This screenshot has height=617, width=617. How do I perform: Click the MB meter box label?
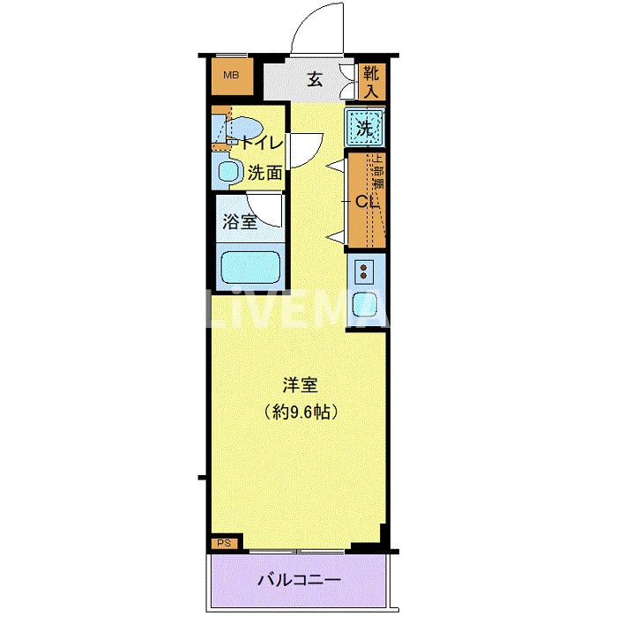pyautogui.click(x=230, y=75)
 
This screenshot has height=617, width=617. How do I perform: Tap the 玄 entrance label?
pyautogui.click(x=315, y=79)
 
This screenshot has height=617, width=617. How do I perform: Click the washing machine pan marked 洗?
pyautogui.click(x=365, y=128)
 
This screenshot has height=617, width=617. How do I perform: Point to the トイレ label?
pyautogui.click(x=262, y=142)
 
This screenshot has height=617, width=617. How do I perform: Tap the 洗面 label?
pyautogui.click(x=264, y=173)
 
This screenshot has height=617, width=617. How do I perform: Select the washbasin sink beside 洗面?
pyautogui.click(x=228, y=171)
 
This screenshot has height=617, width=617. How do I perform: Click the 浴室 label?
pyautogui.click(x=240, y=221)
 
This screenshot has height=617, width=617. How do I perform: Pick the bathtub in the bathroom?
pyautogui.click(x=250, y=265)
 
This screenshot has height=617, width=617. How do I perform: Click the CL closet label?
pyautogui.click(x=366, y=201)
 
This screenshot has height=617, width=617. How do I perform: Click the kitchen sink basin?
pyautogui.click(x=365, y=304)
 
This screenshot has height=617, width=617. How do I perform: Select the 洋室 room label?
pyautogui.click(x=300, y=385)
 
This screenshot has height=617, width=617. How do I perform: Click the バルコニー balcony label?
pyautogui.click(x=299, y=581)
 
